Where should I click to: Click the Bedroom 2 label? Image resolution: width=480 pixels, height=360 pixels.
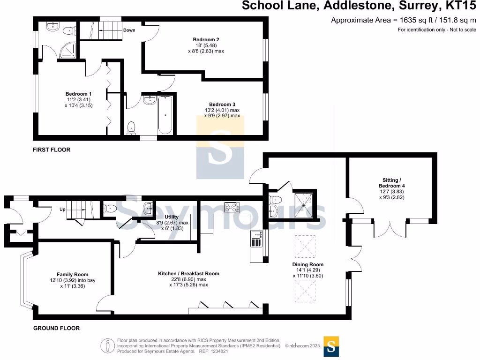206,39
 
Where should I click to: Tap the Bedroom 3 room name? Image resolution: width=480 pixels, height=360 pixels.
222,105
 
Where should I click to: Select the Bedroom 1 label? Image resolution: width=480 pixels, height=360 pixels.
78,94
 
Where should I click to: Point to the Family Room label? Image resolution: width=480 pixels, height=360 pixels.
73,275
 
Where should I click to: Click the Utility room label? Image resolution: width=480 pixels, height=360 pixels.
172,217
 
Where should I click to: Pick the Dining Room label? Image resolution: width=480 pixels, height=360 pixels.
307,264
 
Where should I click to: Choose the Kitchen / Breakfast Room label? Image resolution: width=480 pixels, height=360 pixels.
188,274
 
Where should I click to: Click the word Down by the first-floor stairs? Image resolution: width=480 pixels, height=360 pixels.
129,30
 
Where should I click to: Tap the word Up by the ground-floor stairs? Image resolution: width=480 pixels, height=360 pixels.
62,210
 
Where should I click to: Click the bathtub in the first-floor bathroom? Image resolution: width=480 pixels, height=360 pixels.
165,115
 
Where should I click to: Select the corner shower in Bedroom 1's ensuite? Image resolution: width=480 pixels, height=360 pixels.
67,50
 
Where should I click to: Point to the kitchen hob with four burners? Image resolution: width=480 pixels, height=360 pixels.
232,207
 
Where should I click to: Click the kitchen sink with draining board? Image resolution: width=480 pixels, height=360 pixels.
256,239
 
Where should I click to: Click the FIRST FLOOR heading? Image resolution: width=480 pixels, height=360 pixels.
52,150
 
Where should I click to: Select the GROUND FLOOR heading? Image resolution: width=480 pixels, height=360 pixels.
56,328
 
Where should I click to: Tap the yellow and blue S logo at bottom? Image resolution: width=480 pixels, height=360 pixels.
331,346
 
